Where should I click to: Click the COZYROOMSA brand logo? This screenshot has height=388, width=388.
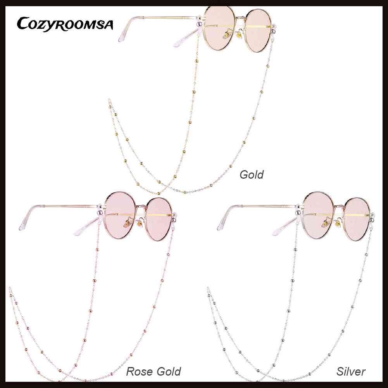pyautogui.click(x=65, y=24)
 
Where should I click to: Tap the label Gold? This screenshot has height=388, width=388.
pyautogui.click(x=251, y=174)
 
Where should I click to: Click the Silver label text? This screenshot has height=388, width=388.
pyautogui.click(x=351, y=372)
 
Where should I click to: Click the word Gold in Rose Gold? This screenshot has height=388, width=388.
pyautogui.click(x=167, y=372)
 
